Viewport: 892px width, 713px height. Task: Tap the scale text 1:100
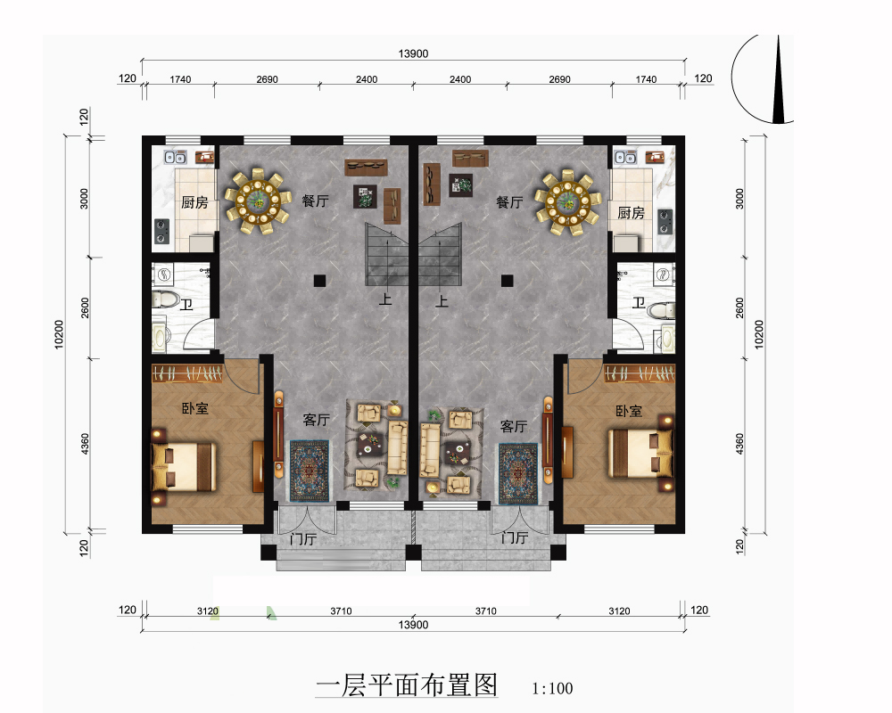pyautogui.click(x=552, y=689)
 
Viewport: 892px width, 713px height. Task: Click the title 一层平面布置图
pyautogui.click(x=407, y=684)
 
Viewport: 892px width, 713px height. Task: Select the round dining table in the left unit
pyautogui.click(x=254, y=201)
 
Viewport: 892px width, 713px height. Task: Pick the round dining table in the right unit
pyautogui.click(x=567, y=201)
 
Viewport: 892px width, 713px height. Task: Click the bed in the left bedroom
pyautogui.click(x=183, y=467)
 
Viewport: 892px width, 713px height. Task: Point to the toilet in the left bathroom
pyautogui.click(x=165, y=299)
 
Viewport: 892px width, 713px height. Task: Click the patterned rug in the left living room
pyautogui.click(x=310, y=471)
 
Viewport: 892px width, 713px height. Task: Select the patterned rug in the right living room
pyautogui.click(x=518, y=473)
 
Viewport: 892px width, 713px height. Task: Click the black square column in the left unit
pyautogui.click(x=319, y=281)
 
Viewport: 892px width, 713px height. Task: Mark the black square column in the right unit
pyautogui.click(x=507, y=281)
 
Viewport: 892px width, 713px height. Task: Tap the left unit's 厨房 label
pyautogui.click(x=194, y=202)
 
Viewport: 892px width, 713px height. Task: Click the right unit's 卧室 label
pyautogui.click(x=629, y=411)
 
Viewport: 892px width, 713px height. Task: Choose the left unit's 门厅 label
pyautogui.click(x=302, y=538)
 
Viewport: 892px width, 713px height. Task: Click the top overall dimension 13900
pyautogui.click(x=413, y=53)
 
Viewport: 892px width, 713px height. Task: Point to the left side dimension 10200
pyautogui.click(x=59, y=333)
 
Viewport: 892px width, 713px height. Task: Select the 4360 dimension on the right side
pyautogui.click(x=739, y=444)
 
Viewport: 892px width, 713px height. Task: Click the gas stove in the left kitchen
pyautogui.click(x=162, y=231)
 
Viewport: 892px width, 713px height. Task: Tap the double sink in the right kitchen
pyautogui.click(x=624, y=157)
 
